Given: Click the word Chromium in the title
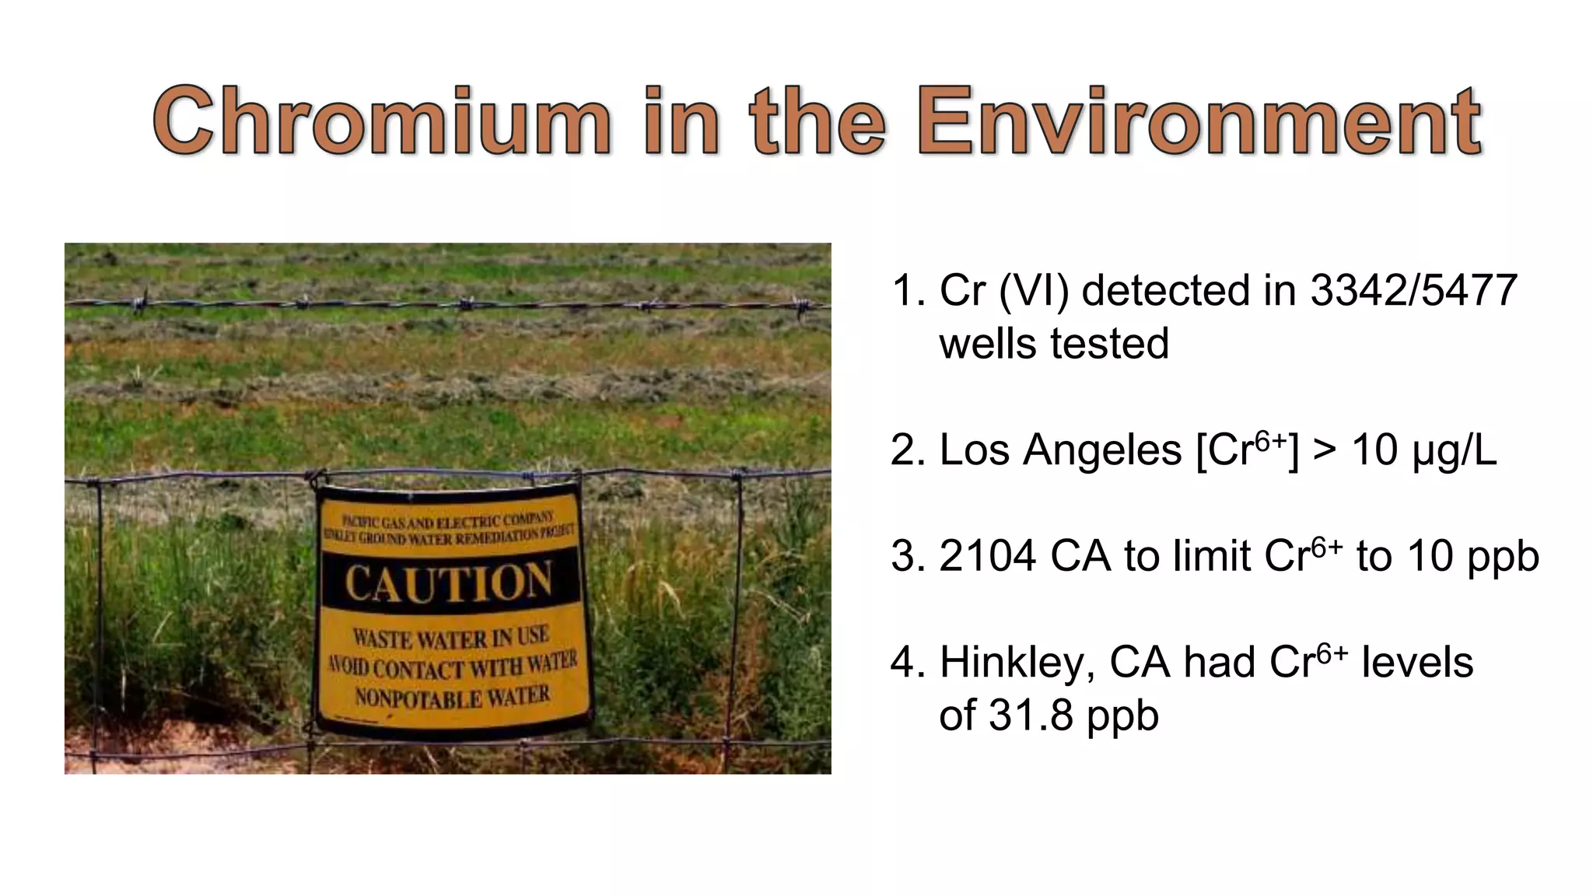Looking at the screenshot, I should [381, 122].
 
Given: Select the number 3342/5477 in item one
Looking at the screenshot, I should [1413, 290].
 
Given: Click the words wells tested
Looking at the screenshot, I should [1053, 344].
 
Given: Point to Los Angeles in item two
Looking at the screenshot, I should [1060, 450].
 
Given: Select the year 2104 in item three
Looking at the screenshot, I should [987, 556].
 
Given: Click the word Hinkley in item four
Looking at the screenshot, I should [1017, 663].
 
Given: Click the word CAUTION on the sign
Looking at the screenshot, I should [449, 583].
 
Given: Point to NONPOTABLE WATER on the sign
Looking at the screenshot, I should [452, 696].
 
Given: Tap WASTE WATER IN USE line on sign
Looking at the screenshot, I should [451, 638].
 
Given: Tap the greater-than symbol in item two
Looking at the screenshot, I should [1325, 450].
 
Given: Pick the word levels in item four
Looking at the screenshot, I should [1416, 663].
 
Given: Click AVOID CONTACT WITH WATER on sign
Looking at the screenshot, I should [452, 666].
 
